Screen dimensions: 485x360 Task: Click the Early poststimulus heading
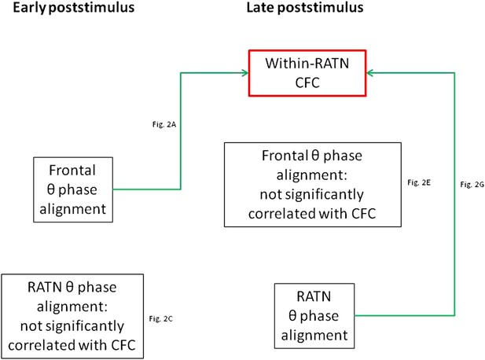[74, 8]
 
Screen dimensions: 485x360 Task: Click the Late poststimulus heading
[305, 8]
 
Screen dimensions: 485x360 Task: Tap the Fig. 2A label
[164, 124]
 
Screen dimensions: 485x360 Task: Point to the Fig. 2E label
[419, 182]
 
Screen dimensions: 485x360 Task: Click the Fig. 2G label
[472, 185]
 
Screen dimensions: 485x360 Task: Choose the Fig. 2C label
[161, 318]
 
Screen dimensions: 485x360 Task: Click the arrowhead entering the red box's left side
[245, 73]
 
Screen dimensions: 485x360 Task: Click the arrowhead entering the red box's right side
[370, 73]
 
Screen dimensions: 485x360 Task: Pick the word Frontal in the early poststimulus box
[72, 171]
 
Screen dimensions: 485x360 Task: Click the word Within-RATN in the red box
[307, 64]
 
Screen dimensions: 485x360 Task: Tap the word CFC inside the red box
[307, 83]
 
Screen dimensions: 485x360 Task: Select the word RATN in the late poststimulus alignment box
[314, 296]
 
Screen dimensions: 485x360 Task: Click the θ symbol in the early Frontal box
[51, 189]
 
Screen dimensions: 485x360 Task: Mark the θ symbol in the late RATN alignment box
[292, 315]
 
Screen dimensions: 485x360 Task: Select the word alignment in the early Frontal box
[72, 209]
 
